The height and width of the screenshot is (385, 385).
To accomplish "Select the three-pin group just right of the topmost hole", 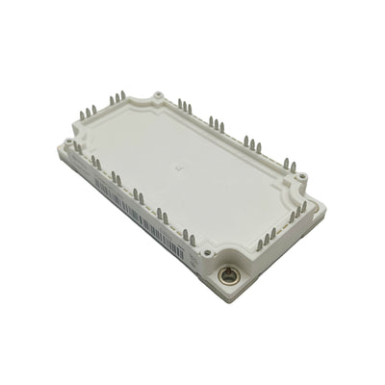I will tap(184, 105).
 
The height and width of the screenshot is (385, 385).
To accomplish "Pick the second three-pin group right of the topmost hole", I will tap(218, 123).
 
